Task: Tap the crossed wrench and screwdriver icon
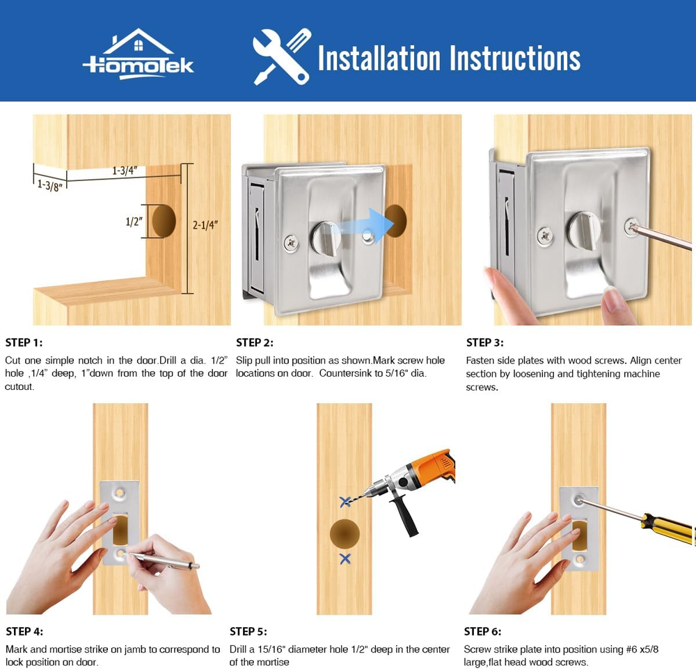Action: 281,56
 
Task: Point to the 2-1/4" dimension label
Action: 205,225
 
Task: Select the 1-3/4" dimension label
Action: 125,171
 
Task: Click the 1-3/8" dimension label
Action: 49,185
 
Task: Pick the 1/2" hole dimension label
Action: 134,221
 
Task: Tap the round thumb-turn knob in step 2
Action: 326,237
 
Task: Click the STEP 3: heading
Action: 484,343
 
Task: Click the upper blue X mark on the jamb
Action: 345,502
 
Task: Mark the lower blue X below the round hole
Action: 345,558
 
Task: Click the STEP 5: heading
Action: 248,631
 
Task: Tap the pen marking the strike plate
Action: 163,560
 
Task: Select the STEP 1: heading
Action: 24,343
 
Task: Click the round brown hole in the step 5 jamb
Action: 345,534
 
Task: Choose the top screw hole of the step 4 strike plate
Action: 120,492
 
